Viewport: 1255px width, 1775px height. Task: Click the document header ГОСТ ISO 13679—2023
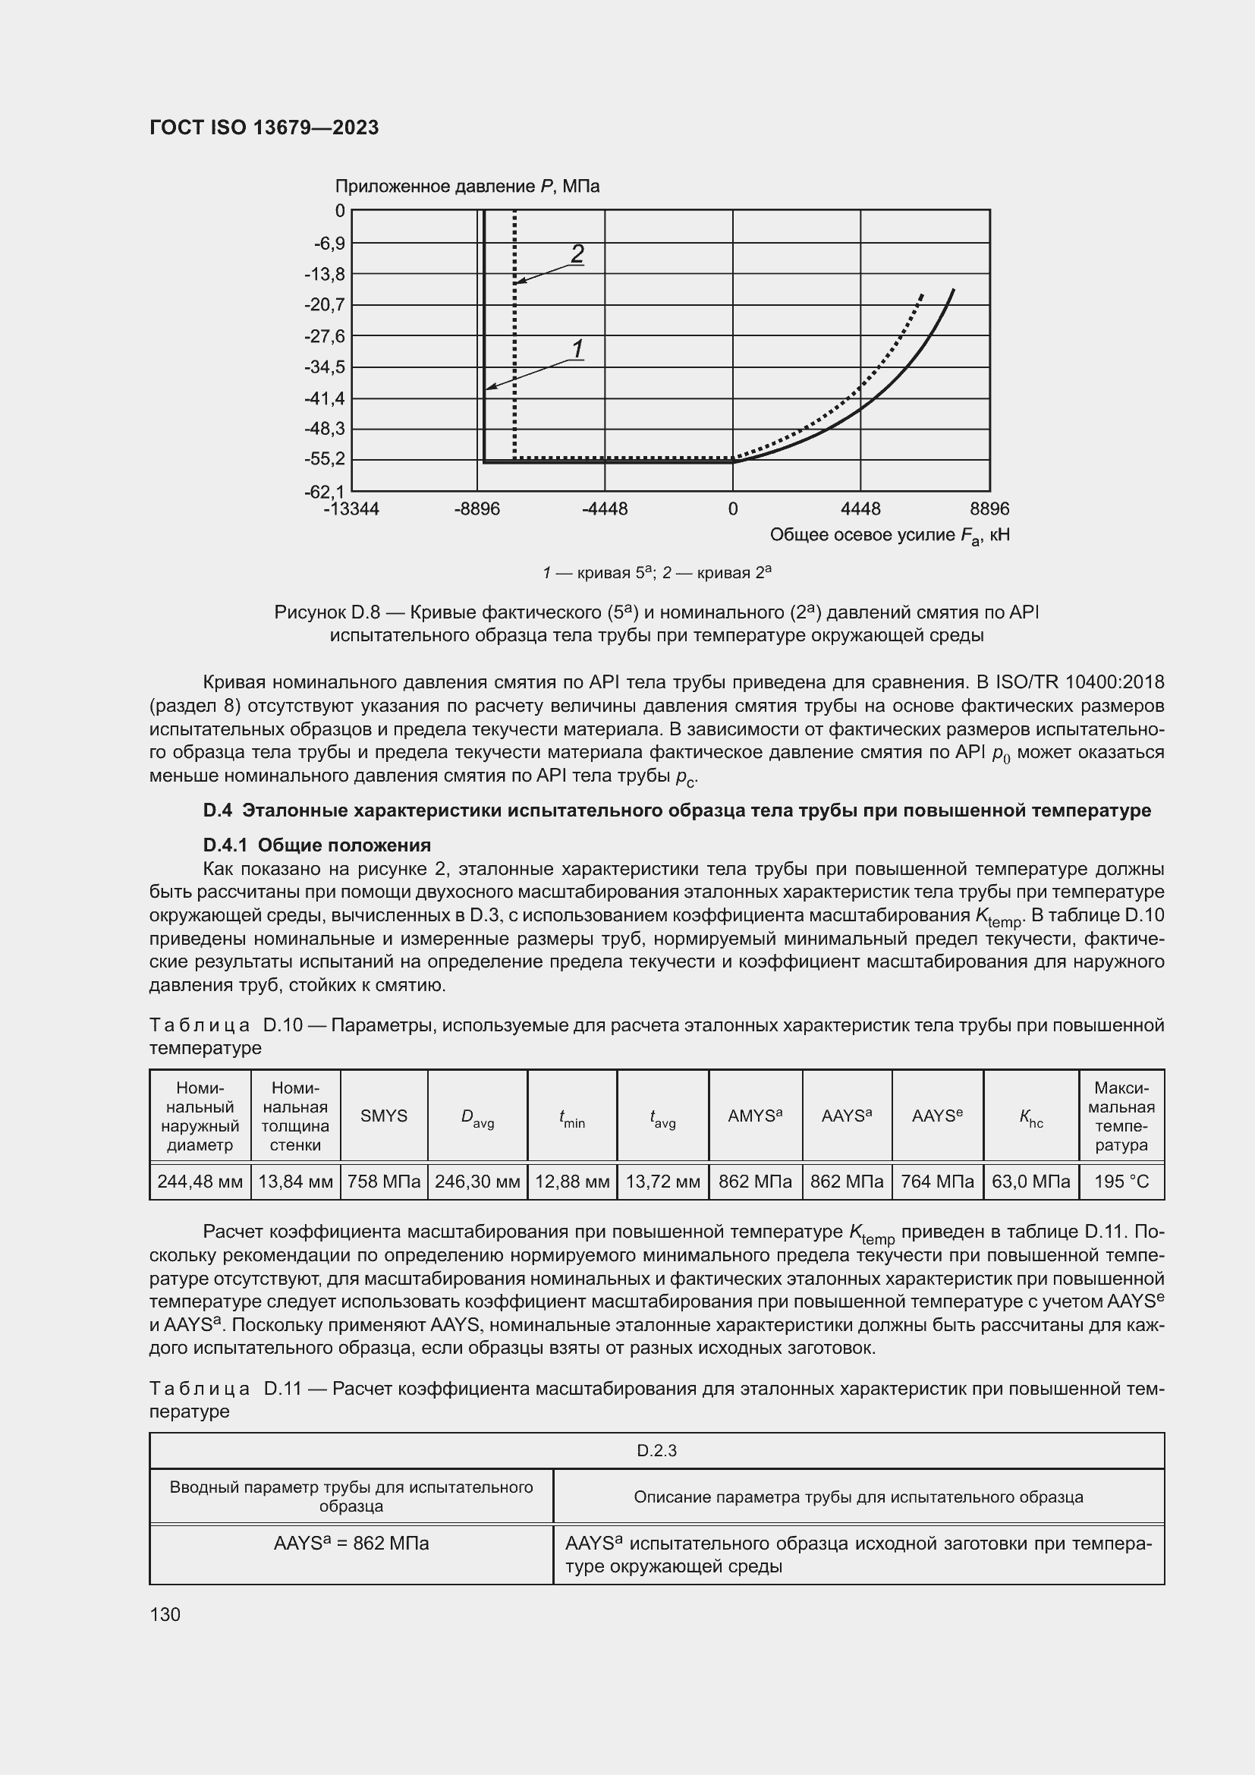pyautogui.click(x=263, y=127)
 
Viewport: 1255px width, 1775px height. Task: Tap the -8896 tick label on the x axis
pyautogui.click(x=477, y=509)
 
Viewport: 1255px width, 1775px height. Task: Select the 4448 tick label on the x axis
pyautogui.click(x=860, y=509)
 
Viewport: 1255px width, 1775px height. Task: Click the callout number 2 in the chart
pyautogui.click(x=577, y=253)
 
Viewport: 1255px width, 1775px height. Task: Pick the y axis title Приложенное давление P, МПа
pyautogui.click(x=467, y=187)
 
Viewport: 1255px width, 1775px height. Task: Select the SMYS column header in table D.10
pyautogui.click(x=383, y=1116)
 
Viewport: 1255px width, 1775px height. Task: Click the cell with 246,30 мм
pyautogui.click(x=477, y=1182)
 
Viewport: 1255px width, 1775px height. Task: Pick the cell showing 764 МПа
pyautogui.click(x=936, y=1182)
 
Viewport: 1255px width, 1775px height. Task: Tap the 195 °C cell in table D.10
pyautogui.click(x=1121, y=1182)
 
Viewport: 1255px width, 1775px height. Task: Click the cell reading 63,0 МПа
pyautogui.click(x=1030, y=1182)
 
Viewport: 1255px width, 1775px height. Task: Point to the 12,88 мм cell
pyautogui.click(x=572, y=1182)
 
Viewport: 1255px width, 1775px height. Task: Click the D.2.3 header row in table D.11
pyautogui.click(x=656, y=1451)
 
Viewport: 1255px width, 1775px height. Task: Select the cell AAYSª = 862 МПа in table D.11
pyautogui.click(x=351, y=1544)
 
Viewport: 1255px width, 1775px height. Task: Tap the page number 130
pyautogui.click(x=165, y=1614)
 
